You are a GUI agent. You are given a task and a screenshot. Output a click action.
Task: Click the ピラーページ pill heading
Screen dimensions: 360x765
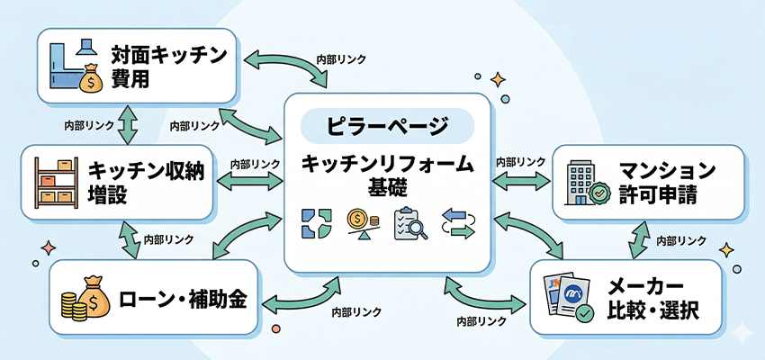pos(387,125)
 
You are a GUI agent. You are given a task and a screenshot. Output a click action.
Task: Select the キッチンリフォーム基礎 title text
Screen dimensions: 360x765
pos(387,174)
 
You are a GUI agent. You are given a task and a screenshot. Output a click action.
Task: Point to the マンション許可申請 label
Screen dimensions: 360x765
pos(667,181)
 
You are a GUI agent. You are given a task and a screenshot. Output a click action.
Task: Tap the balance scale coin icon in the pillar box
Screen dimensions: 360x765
pos(360,223)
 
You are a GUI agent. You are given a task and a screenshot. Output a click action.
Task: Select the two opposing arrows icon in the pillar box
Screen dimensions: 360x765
pos(457,224)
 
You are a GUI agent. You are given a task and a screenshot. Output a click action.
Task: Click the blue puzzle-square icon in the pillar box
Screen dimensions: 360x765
pos(314,224)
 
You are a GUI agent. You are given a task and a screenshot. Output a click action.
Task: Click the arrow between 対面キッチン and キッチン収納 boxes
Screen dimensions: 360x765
pos(126,124)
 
